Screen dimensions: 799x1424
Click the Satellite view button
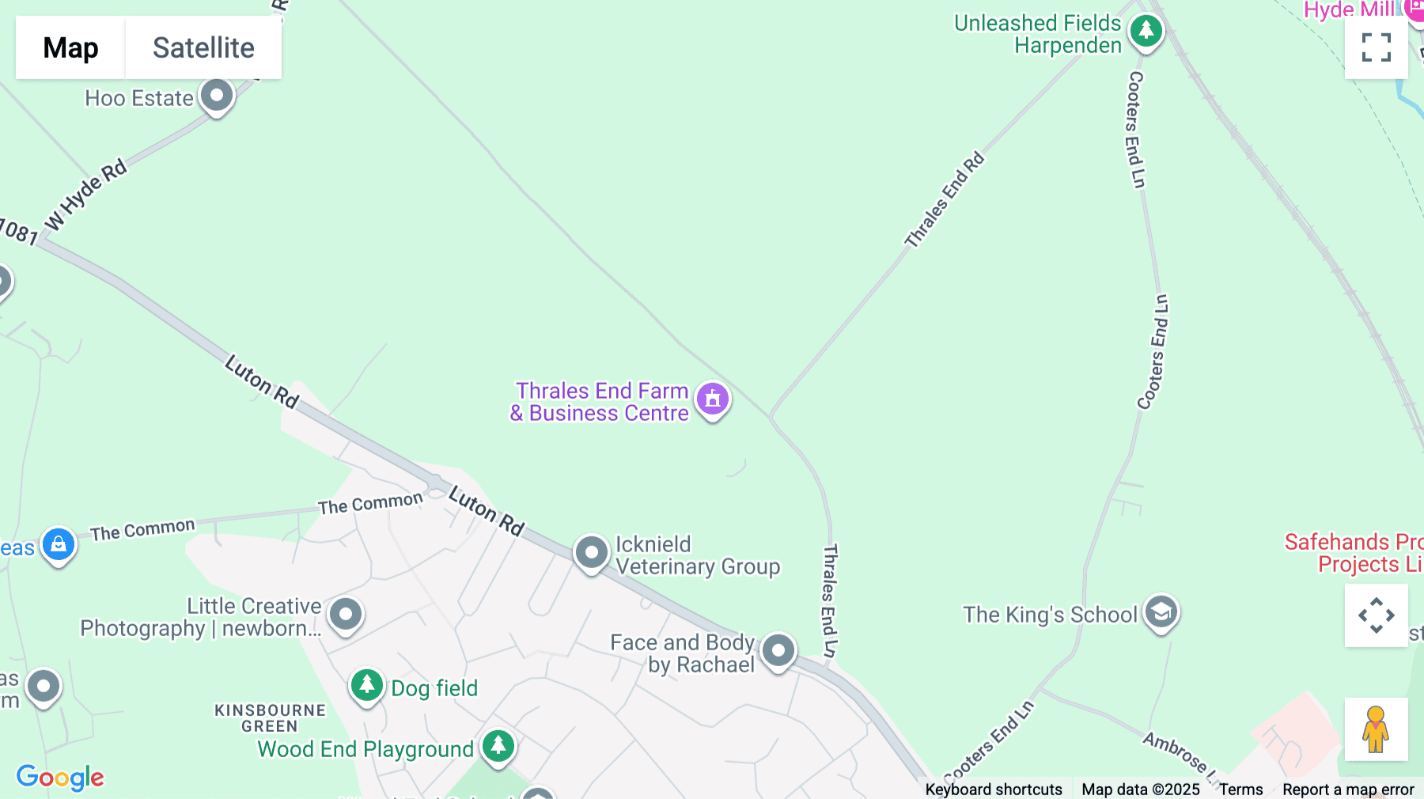pos(203,47)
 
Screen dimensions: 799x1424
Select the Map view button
pos(70,47)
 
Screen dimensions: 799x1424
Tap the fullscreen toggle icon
pos(1376,47)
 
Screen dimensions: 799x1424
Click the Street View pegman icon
pos(1376,729)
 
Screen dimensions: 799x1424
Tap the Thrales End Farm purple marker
pos(712,399)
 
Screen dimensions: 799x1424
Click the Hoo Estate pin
pos(216,96)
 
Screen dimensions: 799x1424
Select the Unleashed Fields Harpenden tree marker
pos(1146,32)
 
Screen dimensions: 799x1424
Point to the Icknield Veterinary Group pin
pos(591,551)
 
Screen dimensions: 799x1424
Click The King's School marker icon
pos(1161,612)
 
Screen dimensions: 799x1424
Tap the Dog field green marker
pos(366,685)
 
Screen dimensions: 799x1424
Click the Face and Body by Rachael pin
pos(778,650)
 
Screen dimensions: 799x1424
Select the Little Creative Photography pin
pos(345,614)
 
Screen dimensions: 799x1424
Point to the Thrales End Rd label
pos(945,199)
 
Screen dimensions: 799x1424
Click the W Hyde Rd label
pos(86,195)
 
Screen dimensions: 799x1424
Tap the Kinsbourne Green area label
pos(270,718)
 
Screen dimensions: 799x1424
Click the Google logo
pos(60,777)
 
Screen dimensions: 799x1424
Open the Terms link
pos(1240,790)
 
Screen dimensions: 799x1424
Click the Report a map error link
pos(1347,790)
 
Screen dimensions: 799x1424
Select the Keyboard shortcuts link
pos(993,790)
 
